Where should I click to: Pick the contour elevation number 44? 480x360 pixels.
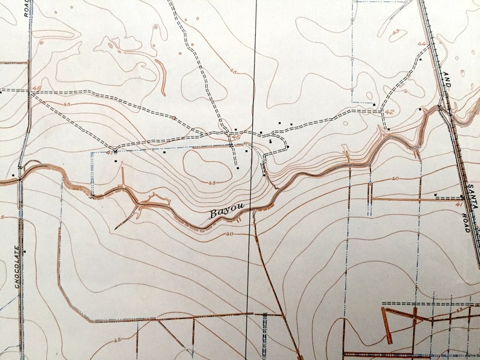tap(421, 44)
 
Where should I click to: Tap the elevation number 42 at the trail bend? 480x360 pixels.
tap(389, 112)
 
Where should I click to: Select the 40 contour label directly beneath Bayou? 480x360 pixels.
tap(229, 234)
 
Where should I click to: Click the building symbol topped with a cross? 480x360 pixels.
tap(270, 140)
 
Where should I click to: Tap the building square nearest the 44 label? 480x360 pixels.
tap(420, 60)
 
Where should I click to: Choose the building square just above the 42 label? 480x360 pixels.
tap(375, 105)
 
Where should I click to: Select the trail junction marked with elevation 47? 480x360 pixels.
tap(114, 149)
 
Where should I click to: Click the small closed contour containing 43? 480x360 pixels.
tap(397, 34)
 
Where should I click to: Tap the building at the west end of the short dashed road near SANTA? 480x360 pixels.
tap(435, 195)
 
